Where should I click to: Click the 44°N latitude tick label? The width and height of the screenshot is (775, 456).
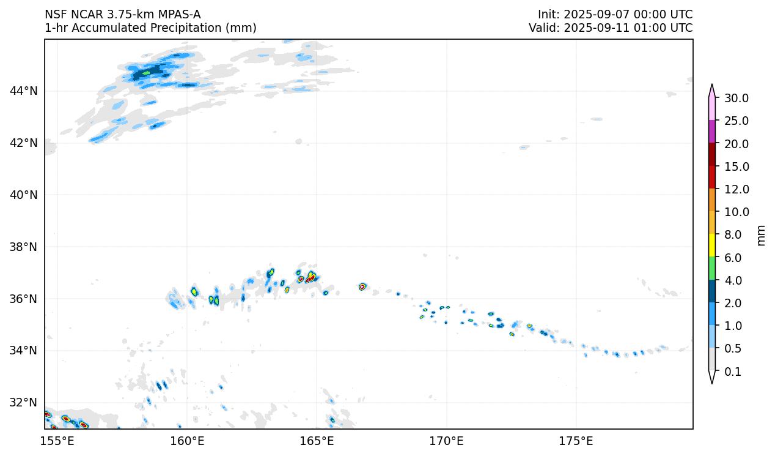(24, 91)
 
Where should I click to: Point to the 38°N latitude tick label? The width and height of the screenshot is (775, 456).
(24, 247)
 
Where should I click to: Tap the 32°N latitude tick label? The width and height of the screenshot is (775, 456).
(24, 403)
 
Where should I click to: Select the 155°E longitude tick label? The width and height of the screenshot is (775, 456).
(57, 441)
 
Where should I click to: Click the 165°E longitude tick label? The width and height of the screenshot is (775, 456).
(317, 441)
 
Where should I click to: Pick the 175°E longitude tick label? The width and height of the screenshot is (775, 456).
(576, 441)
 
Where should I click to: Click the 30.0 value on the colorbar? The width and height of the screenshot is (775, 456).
(736, 98)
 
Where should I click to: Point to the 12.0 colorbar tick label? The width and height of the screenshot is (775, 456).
(736, 189)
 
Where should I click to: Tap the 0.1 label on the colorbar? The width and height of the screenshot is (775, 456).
(733, 372)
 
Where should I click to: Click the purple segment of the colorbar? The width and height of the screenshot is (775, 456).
(712, 132)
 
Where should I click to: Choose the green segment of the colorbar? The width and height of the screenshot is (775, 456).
(712, 269)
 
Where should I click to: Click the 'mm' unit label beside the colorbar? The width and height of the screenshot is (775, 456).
(761, 234)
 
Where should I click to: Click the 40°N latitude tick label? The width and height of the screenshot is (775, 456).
(24, 195)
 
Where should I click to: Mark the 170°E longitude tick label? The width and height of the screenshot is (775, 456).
(446, 441)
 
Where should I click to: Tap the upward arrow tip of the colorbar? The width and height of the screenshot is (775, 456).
(712, 86)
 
